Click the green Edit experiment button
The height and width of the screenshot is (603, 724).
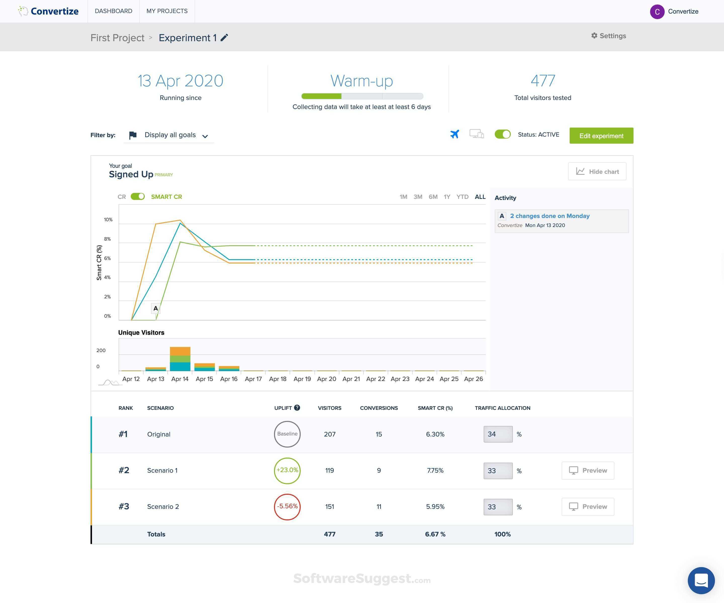pyautogui.click(x=601, y=136)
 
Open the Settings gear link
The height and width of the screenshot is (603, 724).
pyautogui.click(x=609, y=36)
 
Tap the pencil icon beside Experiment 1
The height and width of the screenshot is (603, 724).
pyautogui.click(x=224, y=37)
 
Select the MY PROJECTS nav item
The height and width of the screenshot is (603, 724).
pyautogui.click(x=167, y=11)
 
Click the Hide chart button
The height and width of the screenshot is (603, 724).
pyautogui.click(x=597, y=172)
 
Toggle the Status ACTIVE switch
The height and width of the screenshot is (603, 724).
pyautogui.click(x=502, y=134)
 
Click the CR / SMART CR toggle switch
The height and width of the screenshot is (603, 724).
pyautogui.click(x=138, y=197)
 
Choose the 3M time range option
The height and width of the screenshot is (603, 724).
pyautogui.click(x=418, y=197)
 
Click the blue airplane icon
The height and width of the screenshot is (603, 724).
pyautogui.click(x=455, y=134)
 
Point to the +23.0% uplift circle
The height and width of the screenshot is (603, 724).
pyautogui.click(x=287, y=470)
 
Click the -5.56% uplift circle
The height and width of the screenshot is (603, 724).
pyautogui.click(x=287, y=507)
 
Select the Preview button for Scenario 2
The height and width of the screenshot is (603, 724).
pyautogui.click(x=587, y=507)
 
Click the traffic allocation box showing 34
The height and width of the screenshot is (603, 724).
pyautogui.click(x=498, y=434)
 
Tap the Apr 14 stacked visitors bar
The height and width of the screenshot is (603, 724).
pyautogui.click(x=180, y=359)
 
